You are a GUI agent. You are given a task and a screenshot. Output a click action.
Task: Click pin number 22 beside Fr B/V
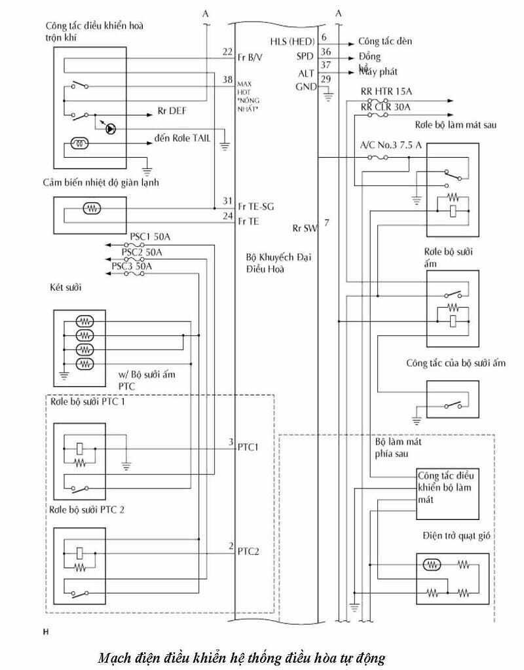point(227,52)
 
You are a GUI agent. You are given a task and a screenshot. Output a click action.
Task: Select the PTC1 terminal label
point(249,447)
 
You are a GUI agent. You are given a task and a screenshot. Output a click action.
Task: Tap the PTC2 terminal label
point(249,551)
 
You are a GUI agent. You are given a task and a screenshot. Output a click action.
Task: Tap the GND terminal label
point(306,86)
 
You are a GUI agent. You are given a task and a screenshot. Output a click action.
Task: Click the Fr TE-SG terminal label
point(257,207)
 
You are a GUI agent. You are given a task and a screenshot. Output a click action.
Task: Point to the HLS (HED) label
point(293,41)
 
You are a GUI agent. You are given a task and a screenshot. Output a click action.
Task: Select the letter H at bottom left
point(45,633)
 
